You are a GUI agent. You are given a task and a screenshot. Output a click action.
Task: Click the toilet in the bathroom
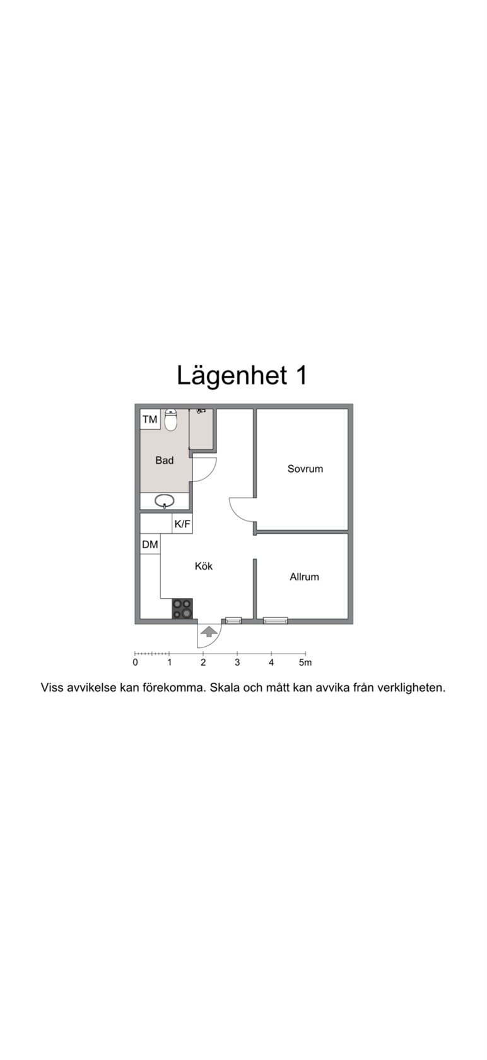click(x=170, y=420)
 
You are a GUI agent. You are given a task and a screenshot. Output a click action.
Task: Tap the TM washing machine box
click(x=150, y=420)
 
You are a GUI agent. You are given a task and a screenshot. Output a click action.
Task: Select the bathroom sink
click(x=165, y=502)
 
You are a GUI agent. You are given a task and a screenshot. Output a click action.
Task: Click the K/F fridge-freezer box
click(x=182, y=524)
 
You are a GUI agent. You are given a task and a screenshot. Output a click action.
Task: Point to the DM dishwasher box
click(x=150, y=545)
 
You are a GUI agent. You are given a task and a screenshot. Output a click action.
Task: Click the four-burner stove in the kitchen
click(x=182, y=609)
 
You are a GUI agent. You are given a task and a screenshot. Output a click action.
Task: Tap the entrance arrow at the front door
click(x=208, y=631)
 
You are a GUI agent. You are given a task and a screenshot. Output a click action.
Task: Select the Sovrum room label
click(x=305, y=469)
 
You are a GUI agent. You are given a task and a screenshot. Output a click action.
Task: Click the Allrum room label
click(x=304, y=577)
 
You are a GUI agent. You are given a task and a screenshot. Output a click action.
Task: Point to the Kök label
click(x=204, y=566)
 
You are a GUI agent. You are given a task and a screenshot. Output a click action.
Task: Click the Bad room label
click(x=165, y=461)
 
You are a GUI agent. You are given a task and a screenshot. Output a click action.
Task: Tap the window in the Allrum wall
click(x=276, y=621)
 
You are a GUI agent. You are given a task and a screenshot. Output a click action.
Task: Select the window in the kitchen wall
click(x=233, y=621)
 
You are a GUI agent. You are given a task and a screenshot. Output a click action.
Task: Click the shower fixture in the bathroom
click(x=201, y=411)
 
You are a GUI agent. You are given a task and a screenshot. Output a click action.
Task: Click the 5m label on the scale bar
click(x=305, y=662)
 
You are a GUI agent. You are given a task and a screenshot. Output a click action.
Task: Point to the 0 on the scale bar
click(x=135, y=662)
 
